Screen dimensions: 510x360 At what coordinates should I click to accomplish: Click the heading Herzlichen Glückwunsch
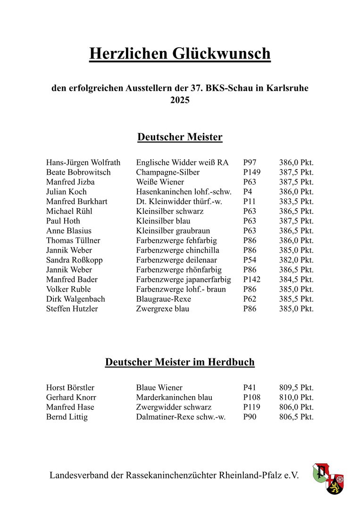pyautogui.click(x=180, y=54)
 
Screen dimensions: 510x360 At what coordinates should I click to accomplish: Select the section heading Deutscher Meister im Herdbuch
pyautogui.click(x=180, y=362)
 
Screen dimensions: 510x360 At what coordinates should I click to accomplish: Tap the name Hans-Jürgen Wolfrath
pyautogui.click(x=83, y=162)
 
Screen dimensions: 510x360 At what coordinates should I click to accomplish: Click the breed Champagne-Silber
pyautogui.click(x=167, y=172)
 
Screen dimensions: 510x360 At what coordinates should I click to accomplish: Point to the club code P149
pyautogui.click(x=251, y=172)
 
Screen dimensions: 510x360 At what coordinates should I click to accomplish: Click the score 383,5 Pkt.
pyautogui.click(x=296, y=202)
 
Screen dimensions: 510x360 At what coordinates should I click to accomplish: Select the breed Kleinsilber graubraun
pyautogui.click(x=173, y=231)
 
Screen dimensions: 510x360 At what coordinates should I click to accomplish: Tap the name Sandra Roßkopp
pyautogui.click(x=75, y=260)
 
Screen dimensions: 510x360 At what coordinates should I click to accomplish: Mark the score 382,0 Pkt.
pyautogui.click(x=296, y=260)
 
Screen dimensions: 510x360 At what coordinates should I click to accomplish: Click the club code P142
pyautogui.click(x=251, y=280)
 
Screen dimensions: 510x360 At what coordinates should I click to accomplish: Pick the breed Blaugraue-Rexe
pyautogui.click(x=164, y=299)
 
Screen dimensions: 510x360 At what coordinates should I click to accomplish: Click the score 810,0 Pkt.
pyautogui.click(x=296, y=398)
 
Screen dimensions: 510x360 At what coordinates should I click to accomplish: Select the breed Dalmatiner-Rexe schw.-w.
pyautogui.click(x=181, y=417)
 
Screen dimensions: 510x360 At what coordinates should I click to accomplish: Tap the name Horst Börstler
pyautogui.click(x=71, y=388)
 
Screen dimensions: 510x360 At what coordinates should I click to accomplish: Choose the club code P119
pyautogui.click(x=251, y=407)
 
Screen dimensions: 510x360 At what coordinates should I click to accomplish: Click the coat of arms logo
pyautogui.click(x=328, y=478)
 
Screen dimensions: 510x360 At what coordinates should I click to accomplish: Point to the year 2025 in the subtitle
pyautogui.click(x=180, y=100)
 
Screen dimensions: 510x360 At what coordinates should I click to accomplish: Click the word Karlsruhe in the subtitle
pyautogui.click(x=288, y=88)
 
